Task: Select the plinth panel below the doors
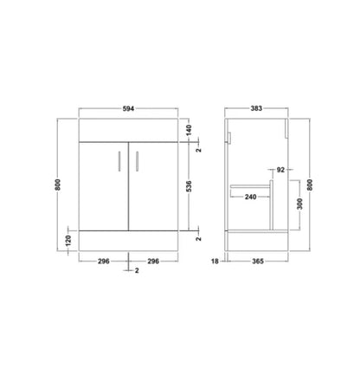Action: [129, 242]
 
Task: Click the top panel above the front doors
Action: [129, 131]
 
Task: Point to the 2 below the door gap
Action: [136, 272]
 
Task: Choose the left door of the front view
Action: [104, 186]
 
